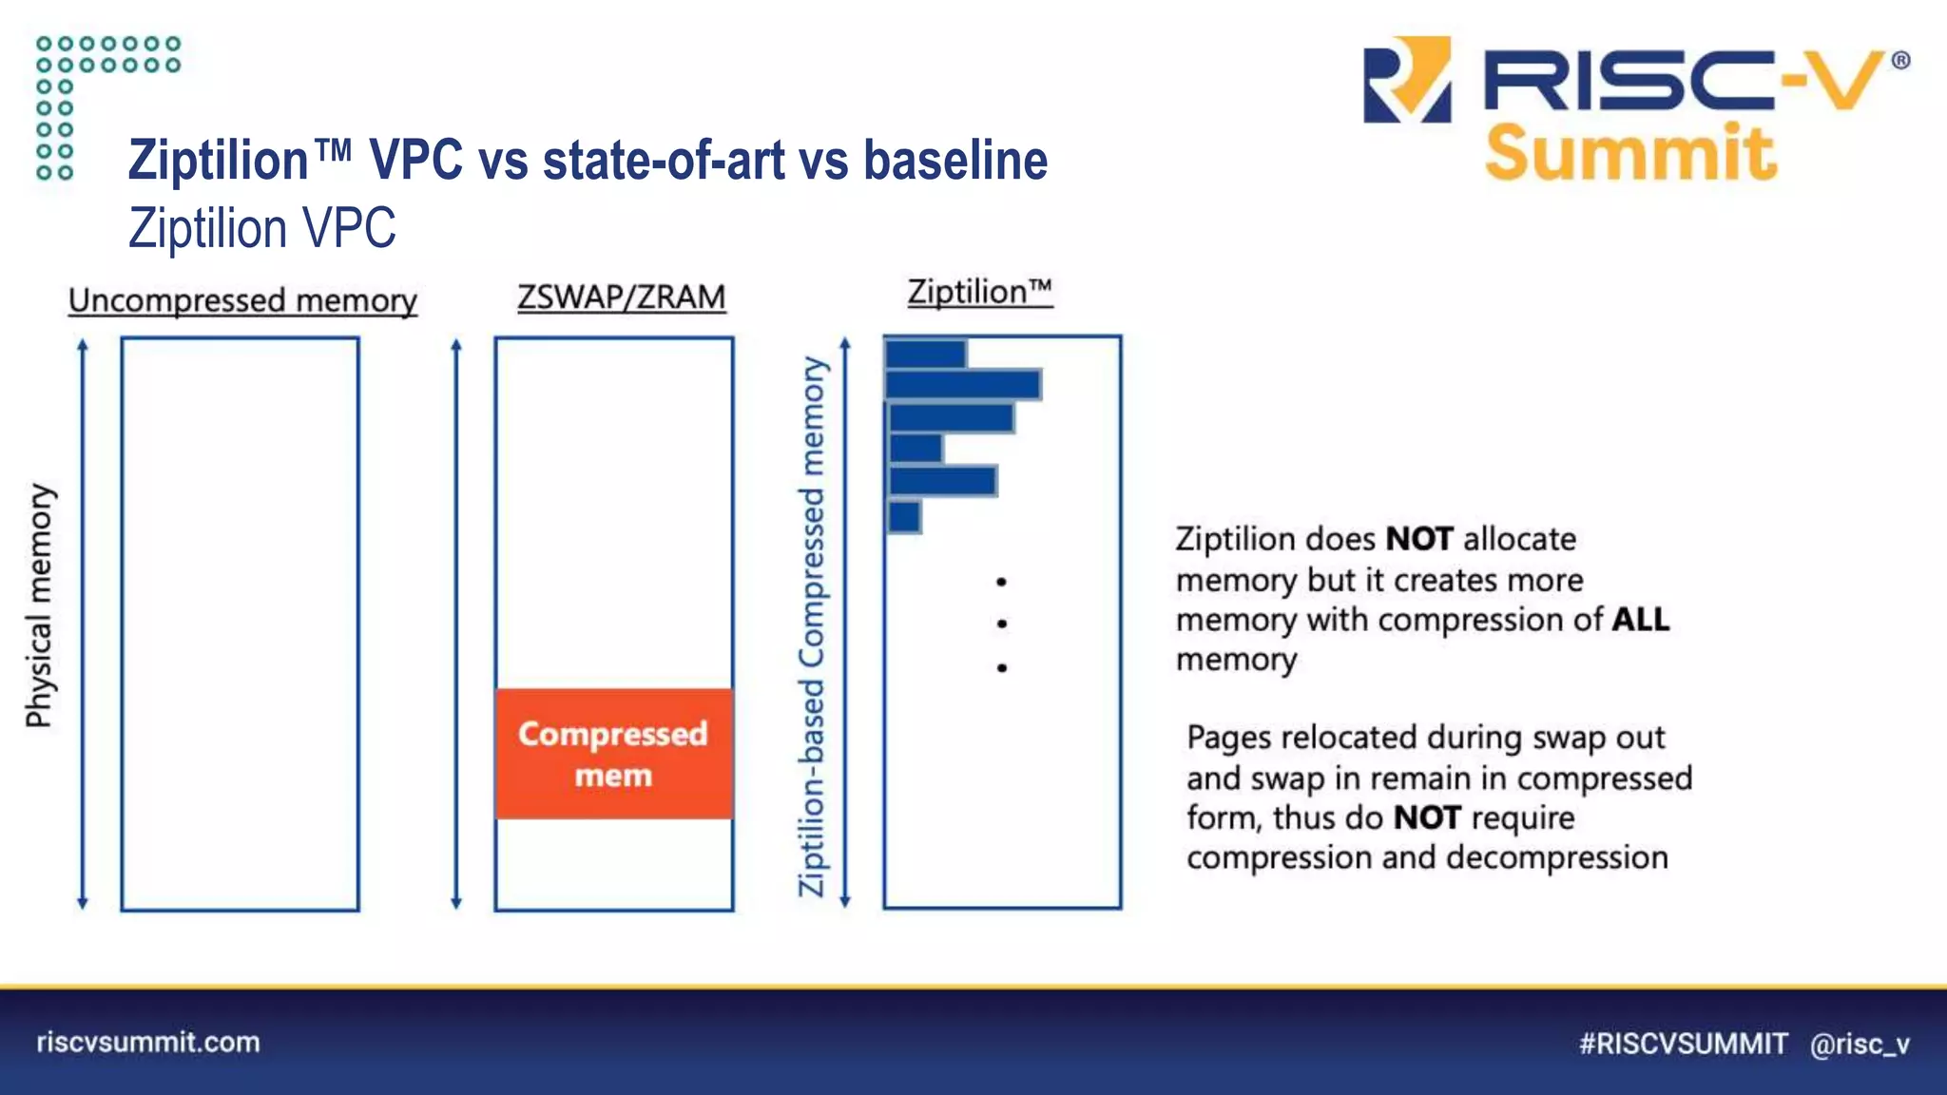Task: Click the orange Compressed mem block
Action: (613, 753)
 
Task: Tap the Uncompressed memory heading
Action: (242, 300)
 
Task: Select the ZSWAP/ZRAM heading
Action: (621, 297)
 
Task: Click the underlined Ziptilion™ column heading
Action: (979, 291)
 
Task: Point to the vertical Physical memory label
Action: (40, 605)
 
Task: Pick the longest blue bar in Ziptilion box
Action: (962, 385)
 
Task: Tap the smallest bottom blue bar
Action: (904, 517)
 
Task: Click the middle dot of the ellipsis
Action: (1002, 624)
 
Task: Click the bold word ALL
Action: (1640, 620)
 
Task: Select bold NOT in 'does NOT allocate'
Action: (1418, 539)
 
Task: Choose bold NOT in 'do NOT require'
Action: (1427, 817)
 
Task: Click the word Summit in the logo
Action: (1629, 152)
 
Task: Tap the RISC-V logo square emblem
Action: (1407, 80)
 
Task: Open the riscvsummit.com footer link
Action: (148, 1042)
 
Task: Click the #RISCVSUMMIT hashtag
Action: (1683, 1044)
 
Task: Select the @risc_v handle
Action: (1860, 1044)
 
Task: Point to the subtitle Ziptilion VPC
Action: (262, 228)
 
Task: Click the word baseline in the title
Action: (954, 160)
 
